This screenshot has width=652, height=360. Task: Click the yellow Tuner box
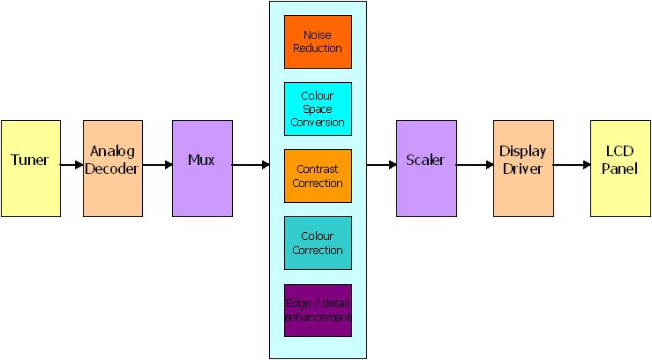pyautogui.click(x=31, y=168)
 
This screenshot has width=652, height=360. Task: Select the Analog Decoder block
pyautogui.click(x=113, y=168)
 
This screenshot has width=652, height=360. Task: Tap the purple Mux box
pyautogui.click(x=202, y=168)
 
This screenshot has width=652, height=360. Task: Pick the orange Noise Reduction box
pyautogui.click(x=318, y=41)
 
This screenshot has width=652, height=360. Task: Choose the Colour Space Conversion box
pyautogui.click(x=318, y=109)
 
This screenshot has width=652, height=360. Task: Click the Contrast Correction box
pyautogui.click(x=318, y=175)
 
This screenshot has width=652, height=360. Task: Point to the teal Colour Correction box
pyautogui.click(x=318, y=243)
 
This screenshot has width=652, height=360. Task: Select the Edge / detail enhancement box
pyautogui.click(x=318, y=310)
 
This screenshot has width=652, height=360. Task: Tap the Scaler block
pyautogui.click(x=425, y=168)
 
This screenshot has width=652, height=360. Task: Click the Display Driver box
pyautogui.click(x=522, y=168)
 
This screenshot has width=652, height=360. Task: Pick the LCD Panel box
pyautogui.click(x=620, y=168)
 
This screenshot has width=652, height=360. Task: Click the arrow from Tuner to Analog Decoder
pyautogui.click(x=71, y=165)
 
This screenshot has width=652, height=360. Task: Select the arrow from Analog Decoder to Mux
pyautogui.click(x=157, y=165)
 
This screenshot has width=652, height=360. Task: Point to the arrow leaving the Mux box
pyautogui.click(x=251, y=165)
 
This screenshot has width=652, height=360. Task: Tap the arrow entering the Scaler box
pyautogui.click(x=381, y=165)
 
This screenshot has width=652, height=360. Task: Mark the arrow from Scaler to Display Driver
pyautogui.click(x=474, y=165)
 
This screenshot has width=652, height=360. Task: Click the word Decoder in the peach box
pyautogui.click(x=113, y=169)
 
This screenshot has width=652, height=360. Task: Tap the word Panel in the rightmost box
pyautogui.click(x=620, y=169)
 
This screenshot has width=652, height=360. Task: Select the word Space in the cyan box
pyautogui.click(x=318, y=109)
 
